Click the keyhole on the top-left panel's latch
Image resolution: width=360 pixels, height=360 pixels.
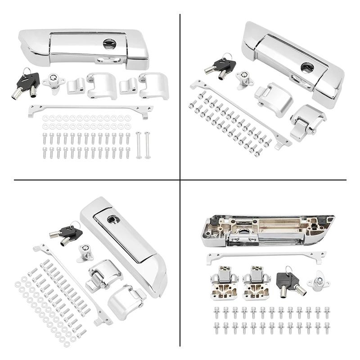click(109, 44)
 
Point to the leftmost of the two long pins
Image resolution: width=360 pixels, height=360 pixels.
click(139, 144)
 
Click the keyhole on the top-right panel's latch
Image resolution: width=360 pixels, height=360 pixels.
click(308, 67)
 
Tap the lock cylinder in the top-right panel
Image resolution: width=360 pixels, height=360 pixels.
click(244, 80)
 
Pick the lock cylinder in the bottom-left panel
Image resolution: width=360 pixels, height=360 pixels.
click(85, 252)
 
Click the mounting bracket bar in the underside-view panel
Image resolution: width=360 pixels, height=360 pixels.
click(265, 257)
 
